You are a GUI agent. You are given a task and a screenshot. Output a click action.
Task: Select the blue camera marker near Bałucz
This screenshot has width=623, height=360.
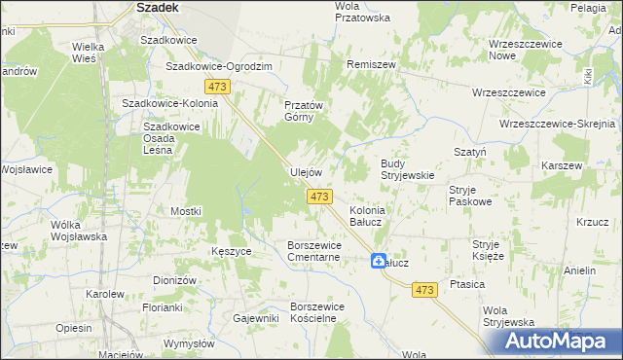click(x=378, y=260)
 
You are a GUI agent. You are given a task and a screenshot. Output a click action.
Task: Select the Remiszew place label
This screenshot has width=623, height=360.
click(x=371, y=63)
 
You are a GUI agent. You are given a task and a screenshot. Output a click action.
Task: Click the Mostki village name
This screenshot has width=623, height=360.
click(x=185, y=211)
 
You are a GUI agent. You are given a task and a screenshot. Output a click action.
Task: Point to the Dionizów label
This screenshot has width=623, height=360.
click(x=175, y=280)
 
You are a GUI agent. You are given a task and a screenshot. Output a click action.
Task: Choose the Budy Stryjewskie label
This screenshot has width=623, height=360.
click(x=407, y=169)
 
